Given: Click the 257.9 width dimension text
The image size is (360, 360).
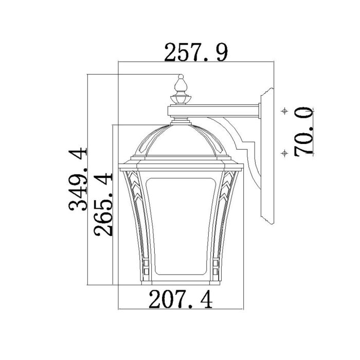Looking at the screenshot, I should [x=195, y=52].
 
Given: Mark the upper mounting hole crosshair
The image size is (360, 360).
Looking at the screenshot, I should [x=283, y=111].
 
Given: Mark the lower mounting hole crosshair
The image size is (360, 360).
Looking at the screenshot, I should [x=283, y=152].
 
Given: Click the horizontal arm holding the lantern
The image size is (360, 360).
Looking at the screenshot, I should [x=216, y=110].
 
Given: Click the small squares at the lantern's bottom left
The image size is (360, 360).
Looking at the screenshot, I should [x=145, y=265].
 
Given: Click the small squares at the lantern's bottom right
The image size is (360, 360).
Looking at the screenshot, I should [x=216, y=265].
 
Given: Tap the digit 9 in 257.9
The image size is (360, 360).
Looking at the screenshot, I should [x=221, y=52].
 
